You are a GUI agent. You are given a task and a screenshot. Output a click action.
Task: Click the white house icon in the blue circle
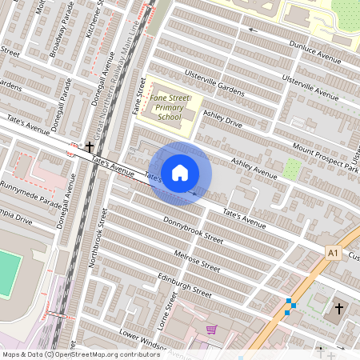tap(180, 172)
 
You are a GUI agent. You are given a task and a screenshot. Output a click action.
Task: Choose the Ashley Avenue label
tap(254, 168)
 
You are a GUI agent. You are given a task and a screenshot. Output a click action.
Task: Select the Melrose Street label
tap(197, 260)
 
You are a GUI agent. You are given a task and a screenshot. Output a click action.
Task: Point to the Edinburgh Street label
tap(185, 282)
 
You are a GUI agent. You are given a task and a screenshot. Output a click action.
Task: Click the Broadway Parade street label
tap(61, 40)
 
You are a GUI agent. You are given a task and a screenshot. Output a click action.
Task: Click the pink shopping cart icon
tap(211, 329)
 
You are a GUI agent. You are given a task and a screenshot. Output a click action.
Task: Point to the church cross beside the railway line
tap(90, 147)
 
